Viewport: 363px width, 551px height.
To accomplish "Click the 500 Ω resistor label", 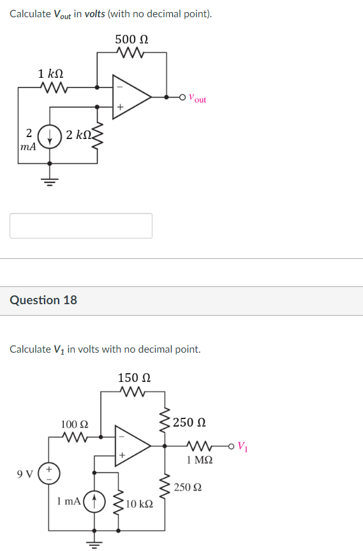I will (131, 39).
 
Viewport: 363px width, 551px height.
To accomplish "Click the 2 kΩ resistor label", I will (78, 135).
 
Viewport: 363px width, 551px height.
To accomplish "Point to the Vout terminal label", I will (198, 99).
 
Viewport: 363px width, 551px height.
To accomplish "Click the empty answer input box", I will (81, 226).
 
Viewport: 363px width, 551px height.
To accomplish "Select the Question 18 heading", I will (43, 300).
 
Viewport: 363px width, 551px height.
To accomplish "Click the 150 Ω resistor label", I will (133, 378).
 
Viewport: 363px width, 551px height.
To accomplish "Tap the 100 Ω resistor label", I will (75, 424).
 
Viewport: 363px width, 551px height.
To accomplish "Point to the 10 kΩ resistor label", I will (139, 505).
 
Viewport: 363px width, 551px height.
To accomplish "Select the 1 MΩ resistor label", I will (200, 459).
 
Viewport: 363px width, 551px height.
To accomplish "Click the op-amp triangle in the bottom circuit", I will (131, 444).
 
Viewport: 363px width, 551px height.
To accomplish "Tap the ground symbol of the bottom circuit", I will (94, 543).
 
